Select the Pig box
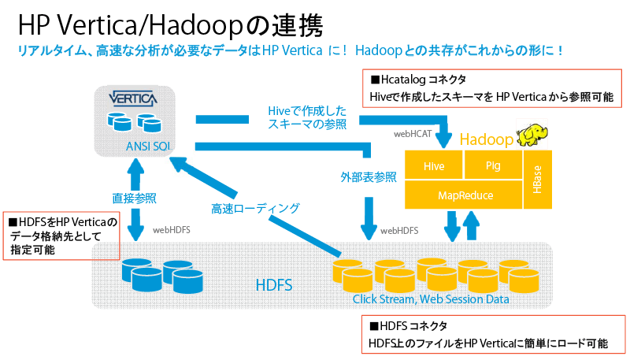click(494, 166)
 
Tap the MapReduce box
click(464, 194)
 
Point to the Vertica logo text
click(132, 100)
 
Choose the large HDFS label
click(273, 284)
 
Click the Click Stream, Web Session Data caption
click(430, 299)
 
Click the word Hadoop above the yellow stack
click(487, 140)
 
